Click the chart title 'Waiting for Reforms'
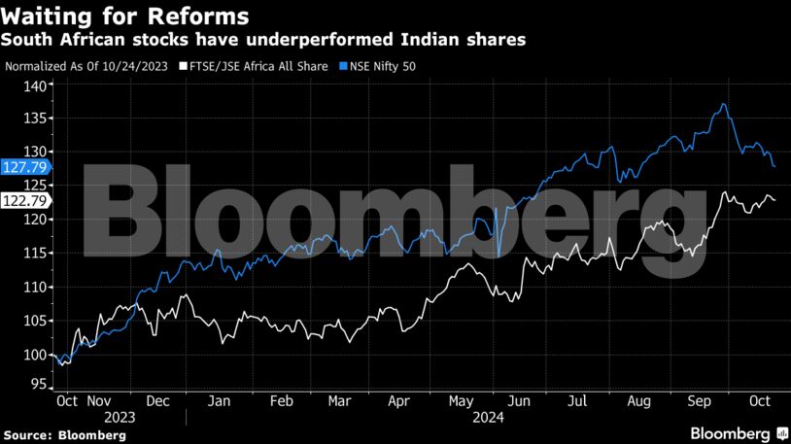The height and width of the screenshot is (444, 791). point(124,17)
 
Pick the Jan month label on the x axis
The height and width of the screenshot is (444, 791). point(220,400)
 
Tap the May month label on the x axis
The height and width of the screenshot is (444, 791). point(460,400)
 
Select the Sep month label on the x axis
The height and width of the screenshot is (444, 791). point(700,400)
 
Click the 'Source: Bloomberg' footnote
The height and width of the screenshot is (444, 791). point(64,435)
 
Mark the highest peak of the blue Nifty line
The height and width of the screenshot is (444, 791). point(723,104)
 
